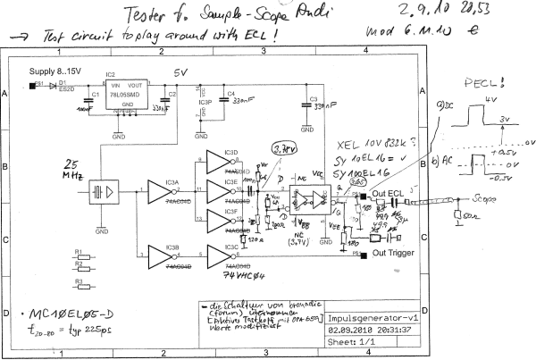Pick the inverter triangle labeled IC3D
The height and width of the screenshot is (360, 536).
coord(219,160)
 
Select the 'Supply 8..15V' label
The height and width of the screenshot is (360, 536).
coord(56,69)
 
